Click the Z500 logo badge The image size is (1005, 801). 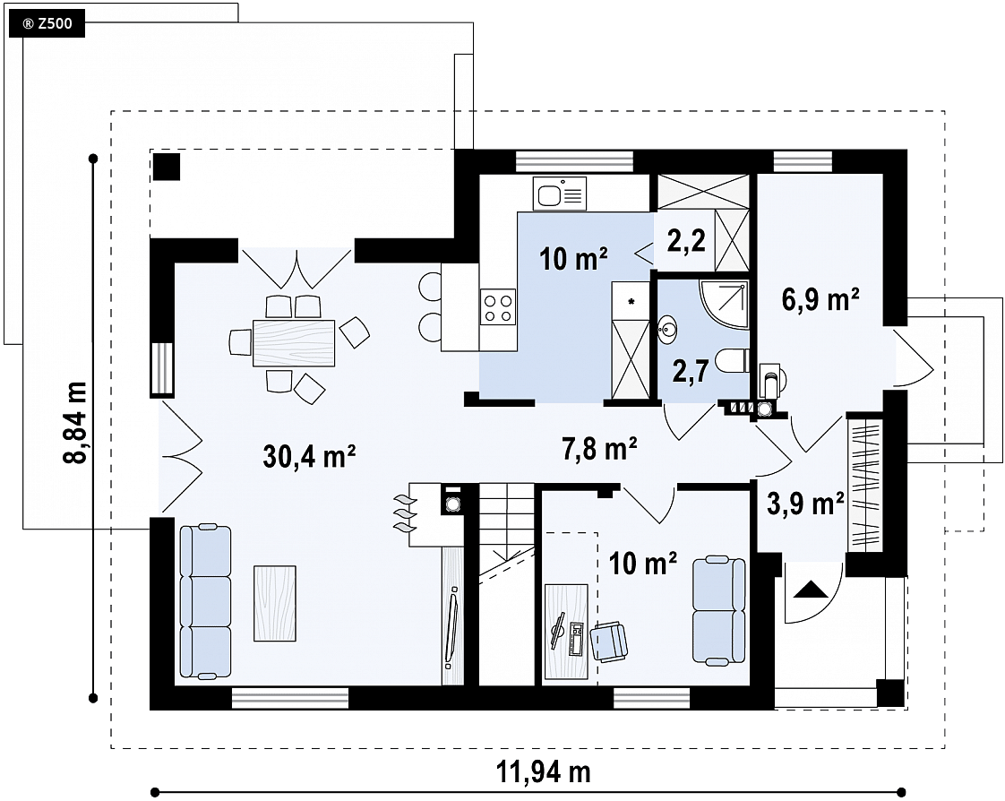point(47,25)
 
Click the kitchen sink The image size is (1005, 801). point(560,193)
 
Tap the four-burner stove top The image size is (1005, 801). point(498,307)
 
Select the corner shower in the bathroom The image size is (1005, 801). point(725,305)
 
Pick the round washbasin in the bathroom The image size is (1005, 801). point(668,331)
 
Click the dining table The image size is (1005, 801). point(294,343)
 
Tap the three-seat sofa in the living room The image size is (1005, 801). point(205,600)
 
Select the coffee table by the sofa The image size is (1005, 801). point(275,603)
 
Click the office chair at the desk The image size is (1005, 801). point(609,642)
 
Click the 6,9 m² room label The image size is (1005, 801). point(821,299)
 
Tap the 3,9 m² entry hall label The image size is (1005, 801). point(805,504)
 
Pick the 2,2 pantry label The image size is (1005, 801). point(686,240)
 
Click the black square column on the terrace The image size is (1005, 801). point(167,167)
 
